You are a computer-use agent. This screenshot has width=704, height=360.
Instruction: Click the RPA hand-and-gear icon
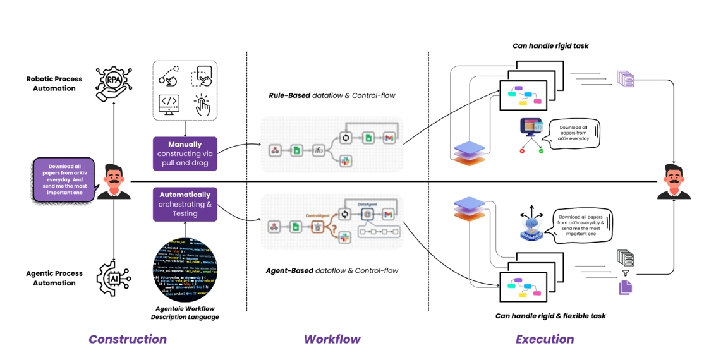point(112,84)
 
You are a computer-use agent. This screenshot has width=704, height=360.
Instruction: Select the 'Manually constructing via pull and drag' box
point(185,153)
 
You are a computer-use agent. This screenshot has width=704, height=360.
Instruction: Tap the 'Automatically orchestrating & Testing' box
point(185,204)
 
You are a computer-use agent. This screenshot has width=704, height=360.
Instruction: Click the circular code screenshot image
point(185,270)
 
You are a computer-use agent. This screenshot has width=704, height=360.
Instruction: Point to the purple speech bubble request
point(64,180)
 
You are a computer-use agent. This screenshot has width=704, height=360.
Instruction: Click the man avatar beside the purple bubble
point(114,181)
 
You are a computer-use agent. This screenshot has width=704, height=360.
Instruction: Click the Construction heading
point(128,339)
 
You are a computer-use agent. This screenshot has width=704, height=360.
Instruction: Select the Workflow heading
point(332,339)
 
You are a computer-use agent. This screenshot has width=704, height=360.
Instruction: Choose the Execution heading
point(545,339)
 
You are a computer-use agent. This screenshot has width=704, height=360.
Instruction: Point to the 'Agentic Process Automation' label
point(54,279)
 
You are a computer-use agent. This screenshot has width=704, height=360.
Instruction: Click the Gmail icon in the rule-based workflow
point(389,138)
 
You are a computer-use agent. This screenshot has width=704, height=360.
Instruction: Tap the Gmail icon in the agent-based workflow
point(389,215)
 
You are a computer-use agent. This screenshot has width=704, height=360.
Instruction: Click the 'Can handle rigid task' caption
point(550,46)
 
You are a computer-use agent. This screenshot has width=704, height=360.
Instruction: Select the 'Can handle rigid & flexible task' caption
point(550,316)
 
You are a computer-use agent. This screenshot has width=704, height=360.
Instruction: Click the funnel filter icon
point(626,273)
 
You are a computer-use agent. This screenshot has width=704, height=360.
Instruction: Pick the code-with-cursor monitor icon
point(169,104)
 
